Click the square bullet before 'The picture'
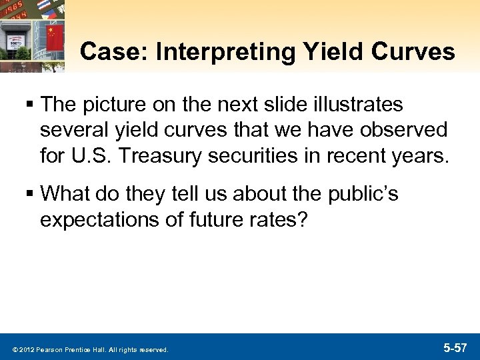(x=31, y=105)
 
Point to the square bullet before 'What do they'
(x=31, y=195)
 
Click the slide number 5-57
(x=456, y=347)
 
